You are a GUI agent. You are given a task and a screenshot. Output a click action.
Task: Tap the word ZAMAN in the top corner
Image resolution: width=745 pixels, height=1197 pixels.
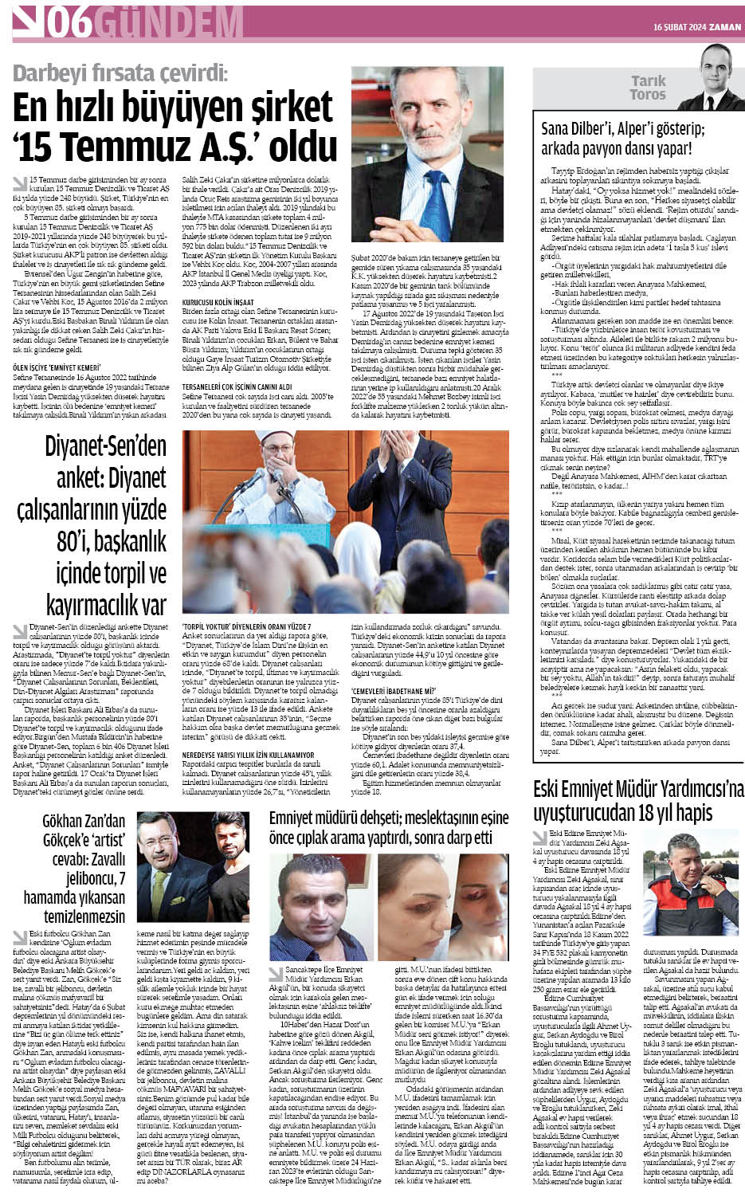pos(725,27)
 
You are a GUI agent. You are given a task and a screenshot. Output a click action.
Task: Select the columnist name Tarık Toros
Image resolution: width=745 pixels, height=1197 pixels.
pos(648,88)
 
